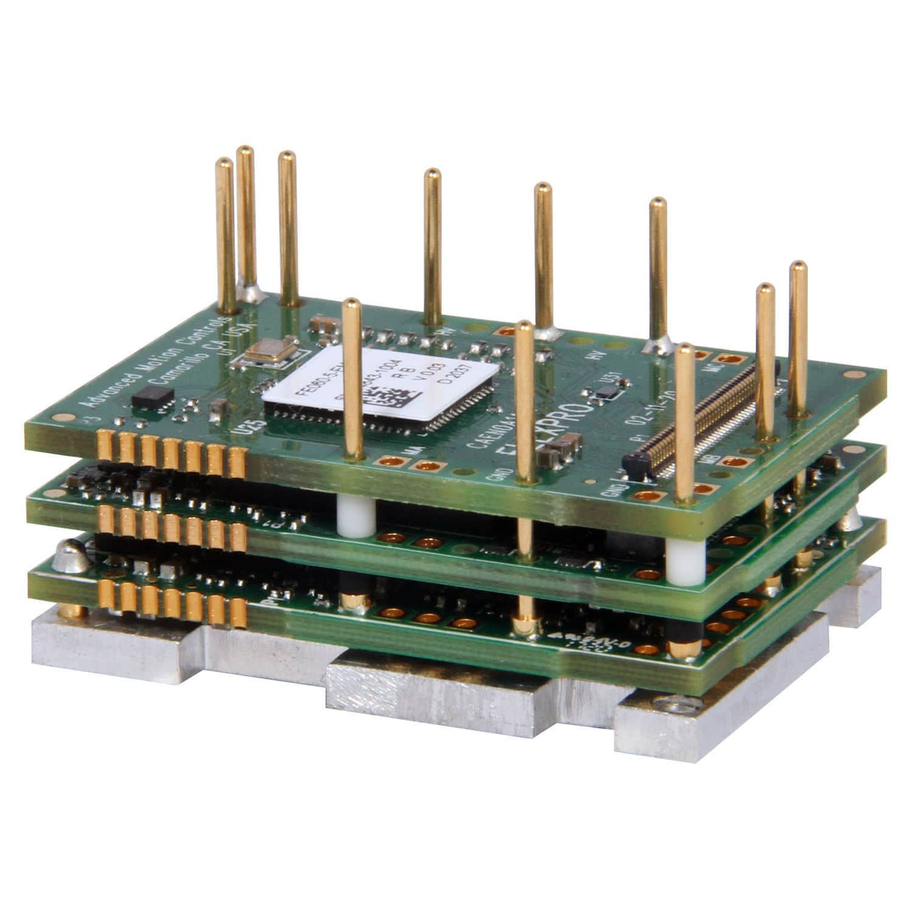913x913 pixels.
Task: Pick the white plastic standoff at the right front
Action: tap(680, 560)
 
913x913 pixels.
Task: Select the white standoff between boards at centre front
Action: tap(355, 517)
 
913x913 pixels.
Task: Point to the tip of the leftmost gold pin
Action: tap(224, 161)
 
